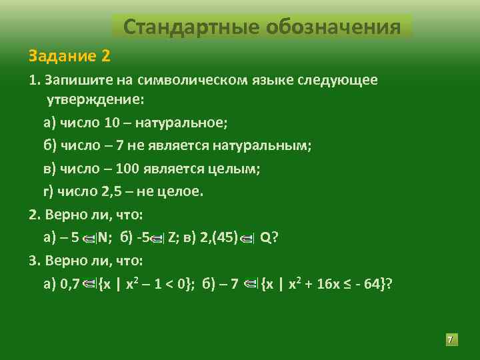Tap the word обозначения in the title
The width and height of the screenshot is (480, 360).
[333, 27]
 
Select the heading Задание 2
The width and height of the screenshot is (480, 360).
[69, 54]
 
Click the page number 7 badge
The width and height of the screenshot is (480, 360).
[450, 341]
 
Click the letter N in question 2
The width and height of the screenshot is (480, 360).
[107, 238]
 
